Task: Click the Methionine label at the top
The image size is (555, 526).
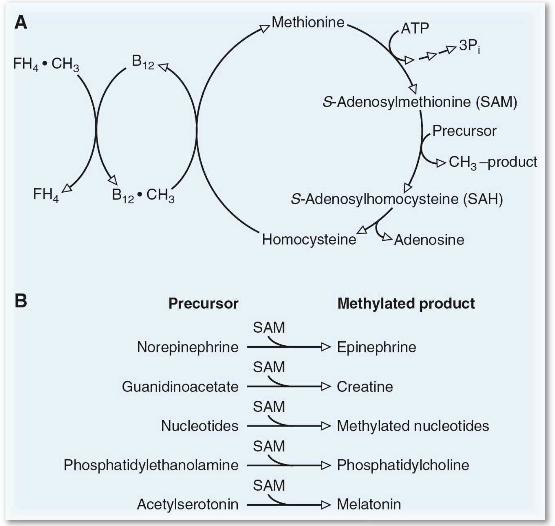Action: [308, 22]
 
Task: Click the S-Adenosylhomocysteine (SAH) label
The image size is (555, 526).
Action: [397, 199]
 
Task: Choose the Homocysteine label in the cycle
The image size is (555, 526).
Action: [309, 240]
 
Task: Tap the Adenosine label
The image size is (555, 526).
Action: [429, 240]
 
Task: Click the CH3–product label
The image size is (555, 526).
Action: [493, 162]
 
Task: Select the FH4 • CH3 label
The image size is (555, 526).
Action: [46, 64]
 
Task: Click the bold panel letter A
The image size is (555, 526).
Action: [21, 22]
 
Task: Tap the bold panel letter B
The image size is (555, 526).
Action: [21, 301]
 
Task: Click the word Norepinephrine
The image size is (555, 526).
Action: [187, 347]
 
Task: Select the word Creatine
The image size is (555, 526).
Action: [365, 387]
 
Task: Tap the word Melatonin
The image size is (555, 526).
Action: [369, 504]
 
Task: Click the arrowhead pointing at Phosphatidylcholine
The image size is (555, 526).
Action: [326, 465]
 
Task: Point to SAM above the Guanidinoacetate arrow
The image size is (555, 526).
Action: [269, 367]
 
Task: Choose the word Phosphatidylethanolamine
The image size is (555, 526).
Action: [151, 465]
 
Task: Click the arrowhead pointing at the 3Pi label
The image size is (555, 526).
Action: [451, 50]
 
